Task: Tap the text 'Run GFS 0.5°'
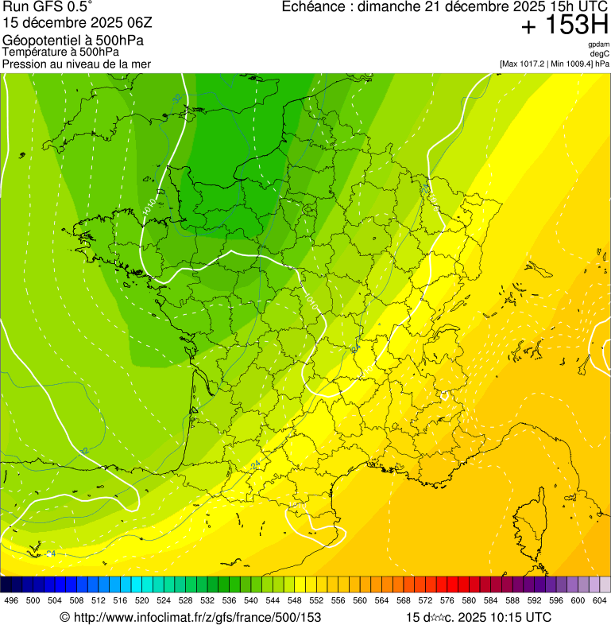(48, 8)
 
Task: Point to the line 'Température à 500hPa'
(61, 52)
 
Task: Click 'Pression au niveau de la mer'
(76, 64)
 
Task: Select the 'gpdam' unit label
(598, 45)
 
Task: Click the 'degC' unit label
(600, 54)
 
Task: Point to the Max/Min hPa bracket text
(555, 64)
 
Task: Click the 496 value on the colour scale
(11, 600)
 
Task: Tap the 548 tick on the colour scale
(294, 600)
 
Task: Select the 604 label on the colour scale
(599, 600)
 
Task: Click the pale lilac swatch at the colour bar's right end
(604, 584)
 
